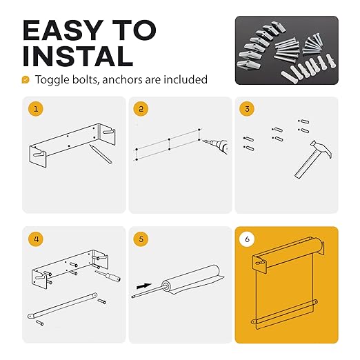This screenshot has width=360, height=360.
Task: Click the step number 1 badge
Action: point(36,109)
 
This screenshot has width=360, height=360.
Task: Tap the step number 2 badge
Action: point(141,109)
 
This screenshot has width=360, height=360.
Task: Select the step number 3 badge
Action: point(247,109)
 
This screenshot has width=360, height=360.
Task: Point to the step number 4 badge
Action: point(36,239)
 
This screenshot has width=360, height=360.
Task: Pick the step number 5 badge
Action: point(141,239)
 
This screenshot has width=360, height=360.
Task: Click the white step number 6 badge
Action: point(247,239)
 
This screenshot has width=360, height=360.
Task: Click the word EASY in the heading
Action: point(63,30)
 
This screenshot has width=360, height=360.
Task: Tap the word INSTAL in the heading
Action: point(78,57)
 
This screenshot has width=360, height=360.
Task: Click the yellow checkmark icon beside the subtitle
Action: point(26,79)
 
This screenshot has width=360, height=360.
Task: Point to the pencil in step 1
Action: point(101,154)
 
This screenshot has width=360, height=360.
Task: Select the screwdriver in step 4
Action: point(108,276)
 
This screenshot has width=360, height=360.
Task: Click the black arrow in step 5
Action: point(144,286)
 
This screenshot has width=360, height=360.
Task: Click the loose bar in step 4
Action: point(62,306)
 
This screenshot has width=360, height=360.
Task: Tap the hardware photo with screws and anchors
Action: point(287,50)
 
